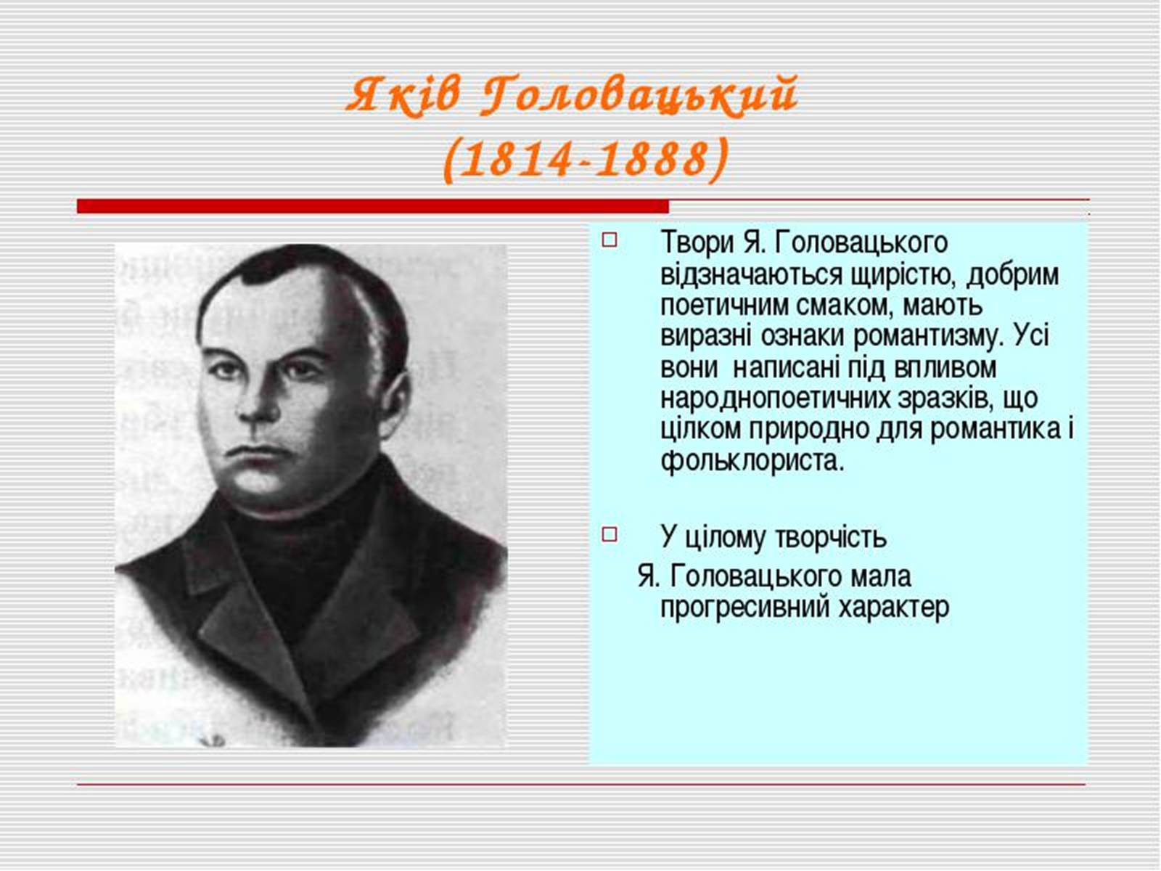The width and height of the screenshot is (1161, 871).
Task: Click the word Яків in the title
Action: pos(403,97)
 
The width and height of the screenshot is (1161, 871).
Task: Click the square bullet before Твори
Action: pos(610,240)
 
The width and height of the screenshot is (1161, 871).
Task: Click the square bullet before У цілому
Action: pos(610,534)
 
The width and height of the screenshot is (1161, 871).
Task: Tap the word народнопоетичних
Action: pos(774,399)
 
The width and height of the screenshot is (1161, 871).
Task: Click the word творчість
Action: pos(831,537)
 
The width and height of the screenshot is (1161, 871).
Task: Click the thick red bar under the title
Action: pos(373,205)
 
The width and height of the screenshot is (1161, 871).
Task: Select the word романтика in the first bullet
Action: pos(994,430)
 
